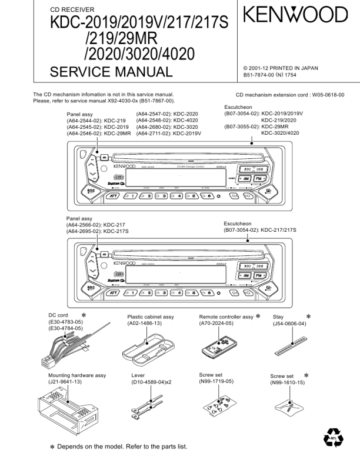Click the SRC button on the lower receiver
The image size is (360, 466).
pyautogui.click(x=91, y=288)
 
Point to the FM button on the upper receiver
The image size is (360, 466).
pyautogui.click(x=260, y=178)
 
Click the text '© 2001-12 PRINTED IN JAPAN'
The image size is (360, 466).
pyautogui.click(x=281, y=68)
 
